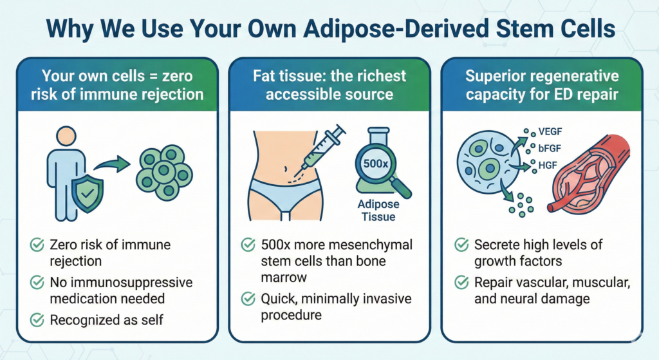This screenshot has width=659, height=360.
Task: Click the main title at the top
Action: pyautogui.click(x=329, y=30)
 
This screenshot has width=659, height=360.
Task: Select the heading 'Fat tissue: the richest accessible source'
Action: pyautogui.click(x=329, y=86)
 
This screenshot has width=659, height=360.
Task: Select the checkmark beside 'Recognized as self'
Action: pyautogui.click(x=37, y=319)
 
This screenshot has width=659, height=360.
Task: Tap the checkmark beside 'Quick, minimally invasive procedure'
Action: pyautogui.click(x=247, y=299)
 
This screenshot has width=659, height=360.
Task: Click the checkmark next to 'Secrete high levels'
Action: pyautogui.click(x=461, y=245)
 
